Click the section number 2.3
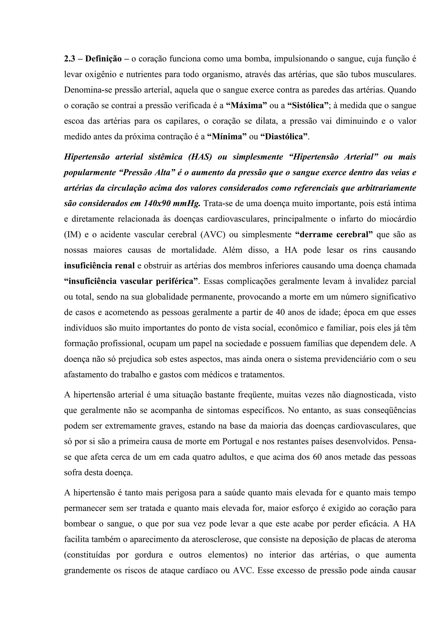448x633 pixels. point(70,59)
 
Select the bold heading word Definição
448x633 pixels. point(103,59)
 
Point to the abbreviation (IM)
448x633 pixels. point(72,235)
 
